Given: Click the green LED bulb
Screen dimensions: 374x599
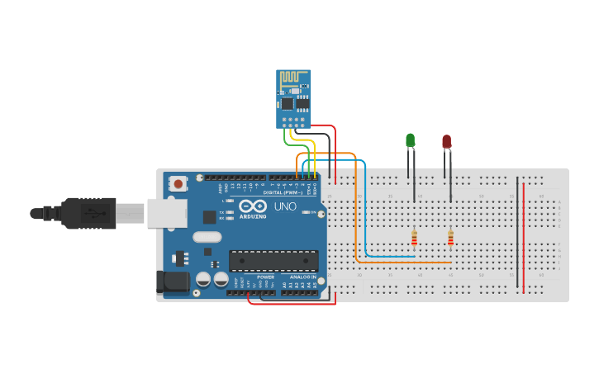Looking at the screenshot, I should (x=411, y=140).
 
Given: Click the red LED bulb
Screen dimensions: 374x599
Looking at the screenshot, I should (x=447, y=142).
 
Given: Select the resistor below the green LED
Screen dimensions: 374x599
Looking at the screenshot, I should (x=414, y=238).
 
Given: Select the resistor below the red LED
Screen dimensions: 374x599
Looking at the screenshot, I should (x=450, y=238).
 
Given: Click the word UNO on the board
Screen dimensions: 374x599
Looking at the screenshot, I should (x=284, y=206).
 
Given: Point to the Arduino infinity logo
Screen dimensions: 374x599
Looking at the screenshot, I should (x=253, y=205).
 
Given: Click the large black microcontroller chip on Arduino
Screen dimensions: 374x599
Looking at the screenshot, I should (x=273, y=261).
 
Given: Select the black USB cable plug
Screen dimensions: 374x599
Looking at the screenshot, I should (x=91, y=212).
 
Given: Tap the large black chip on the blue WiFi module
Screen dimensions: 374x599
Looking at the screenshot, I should (x=288, y=104).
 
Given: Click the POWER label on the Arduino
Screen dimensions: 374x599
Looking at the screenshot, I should (x=265, y=277).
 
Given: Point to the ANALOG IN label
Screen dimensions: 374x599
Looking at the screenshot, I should (x=302, y=277).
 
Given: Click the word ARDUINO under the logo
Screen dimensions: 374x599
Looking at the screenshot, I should (x=253, y=216).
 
